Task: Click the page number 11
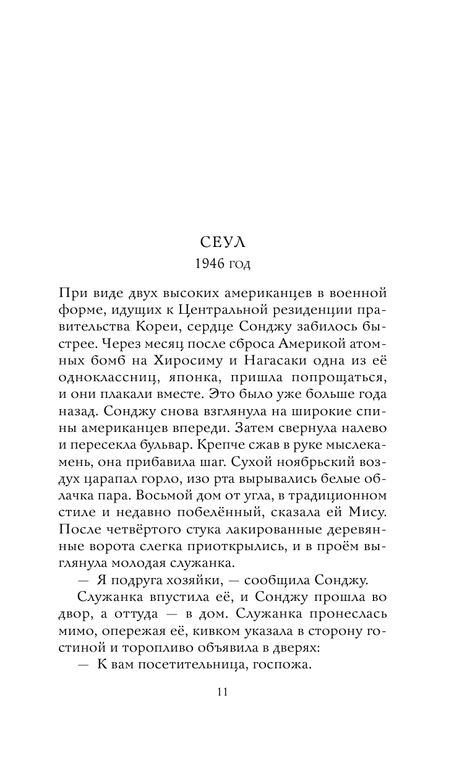pyautogui.click(x=223, y=692)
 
